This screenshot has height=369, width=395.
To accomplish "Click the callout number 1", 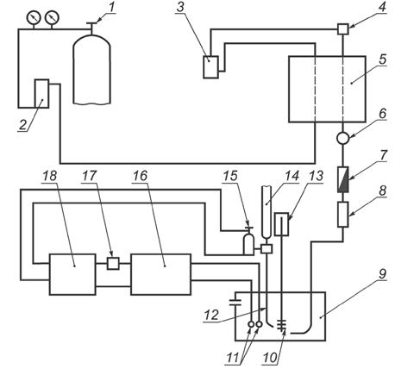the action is tap(111, 8).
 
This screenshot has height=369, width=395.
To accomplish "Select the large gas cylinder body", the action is tap(91, 69).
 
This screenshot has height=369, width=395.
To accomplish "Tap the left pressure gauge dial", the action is tap(34, 17).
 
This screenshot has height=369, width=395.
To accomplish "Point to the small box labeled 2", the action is tap(41, 93).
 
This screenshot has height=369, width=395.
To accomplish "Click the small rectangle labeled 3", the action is tap(210, 67).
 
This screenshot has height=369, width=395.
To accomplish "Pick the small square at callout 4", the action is tap(342, 29).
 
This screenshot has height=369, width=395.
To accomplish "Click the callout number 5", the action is tap(383, 59).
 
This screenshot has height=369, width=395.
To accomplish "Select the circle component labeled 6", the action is tap(342, 138).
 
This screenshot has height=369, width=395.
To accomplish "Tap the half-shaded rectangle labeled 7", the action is tap(342, 179).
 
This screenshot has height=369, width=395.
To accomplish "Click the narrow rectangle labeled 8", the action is tap(342, 215).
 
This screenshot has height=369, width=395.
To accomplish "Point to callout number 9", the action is tap(382, 274).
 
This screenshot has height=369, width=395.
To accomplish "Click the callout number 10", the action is tap(270, 358).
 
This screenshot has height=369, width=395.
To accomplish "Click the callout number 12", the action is tap(211, 316).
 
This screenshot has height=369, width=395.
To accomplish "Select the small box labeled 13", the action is tap(281, 224).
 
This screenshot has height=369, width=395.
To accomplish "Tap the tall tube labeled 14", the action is tap(266, 212).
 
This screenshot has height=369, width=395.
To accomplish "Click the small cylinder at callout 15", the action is tap(248, 245).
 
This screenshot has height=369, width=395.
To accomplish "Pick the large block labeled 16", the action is tap(160, 274).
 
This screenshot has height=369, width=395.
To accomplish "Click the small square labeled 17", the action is tap(113, 263).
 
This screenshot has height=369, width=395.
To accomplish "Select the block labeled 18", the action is tap(72, 274).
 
